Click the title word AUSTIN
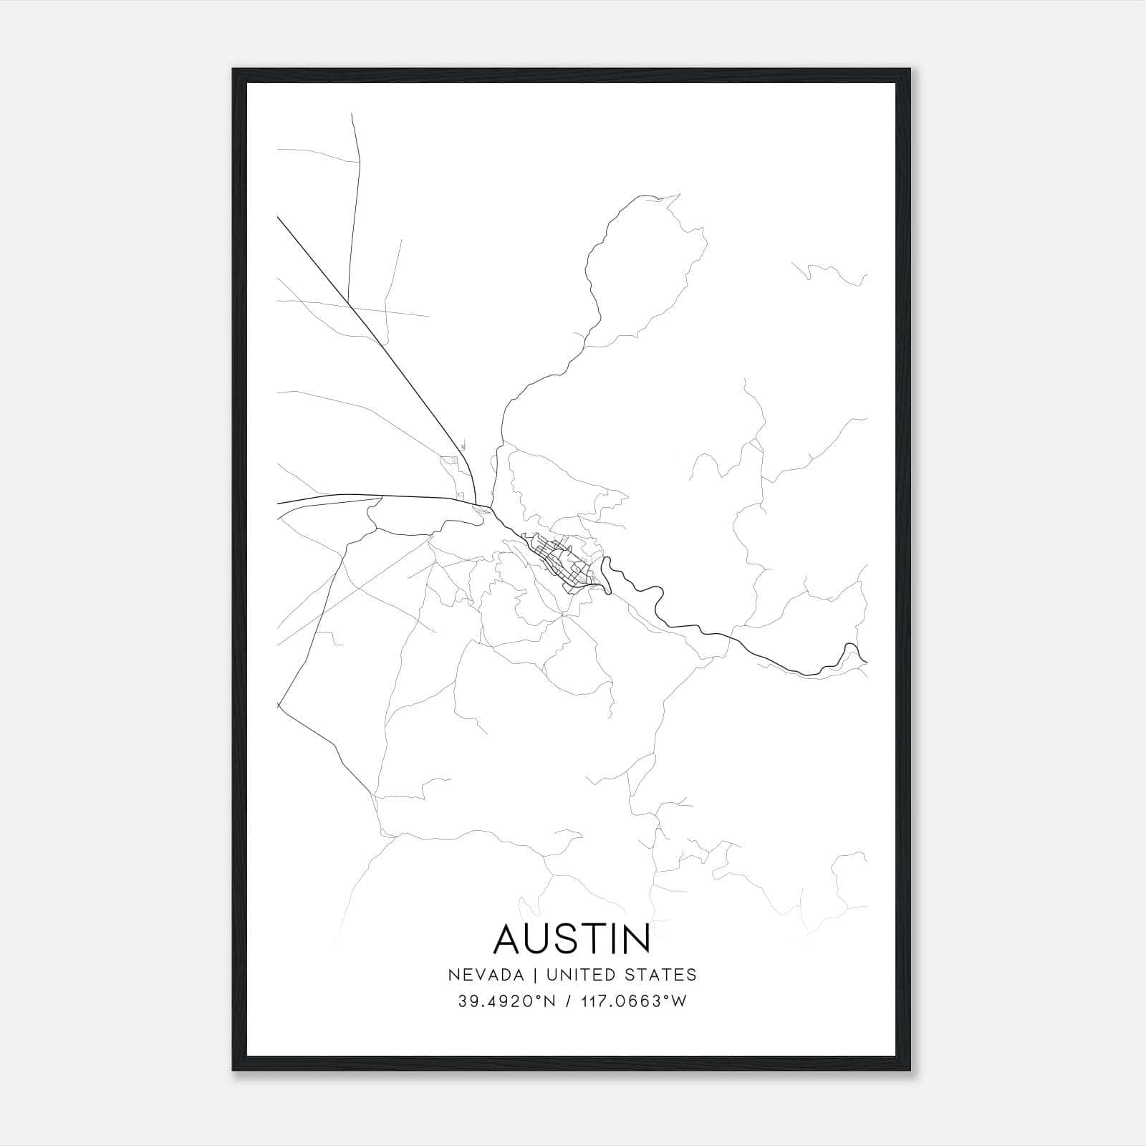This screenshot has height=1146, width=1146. click(572, 939)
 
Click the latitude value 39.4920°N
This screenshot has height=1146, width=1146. click(506, 1001)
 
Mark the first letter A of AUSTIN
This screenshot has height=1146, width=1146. click(509, 939)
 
